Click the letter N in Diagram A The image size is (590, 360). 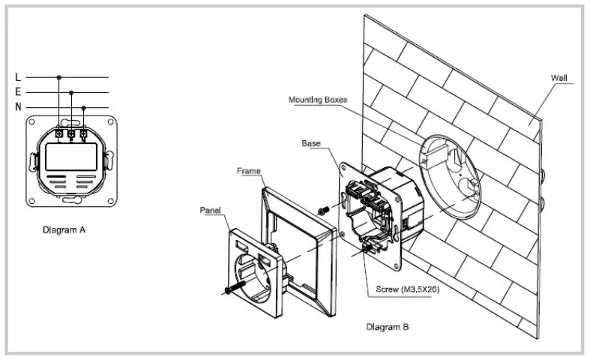point(17,106)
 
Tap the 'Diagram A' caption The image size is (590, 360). point(64,230)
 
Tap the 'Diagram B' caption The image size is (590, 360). point(387,327)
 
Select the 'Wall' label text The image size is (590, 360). point(559,77)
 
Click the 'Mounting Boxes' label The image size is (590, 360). point(323,99)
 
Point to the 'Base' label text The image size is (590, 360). point(311,142)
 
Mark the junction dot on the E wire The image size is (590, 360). point(71,92)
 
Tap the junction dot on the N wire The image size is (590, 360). point(83,106)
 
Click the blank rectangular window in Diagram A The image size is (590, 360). point(71,157)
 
